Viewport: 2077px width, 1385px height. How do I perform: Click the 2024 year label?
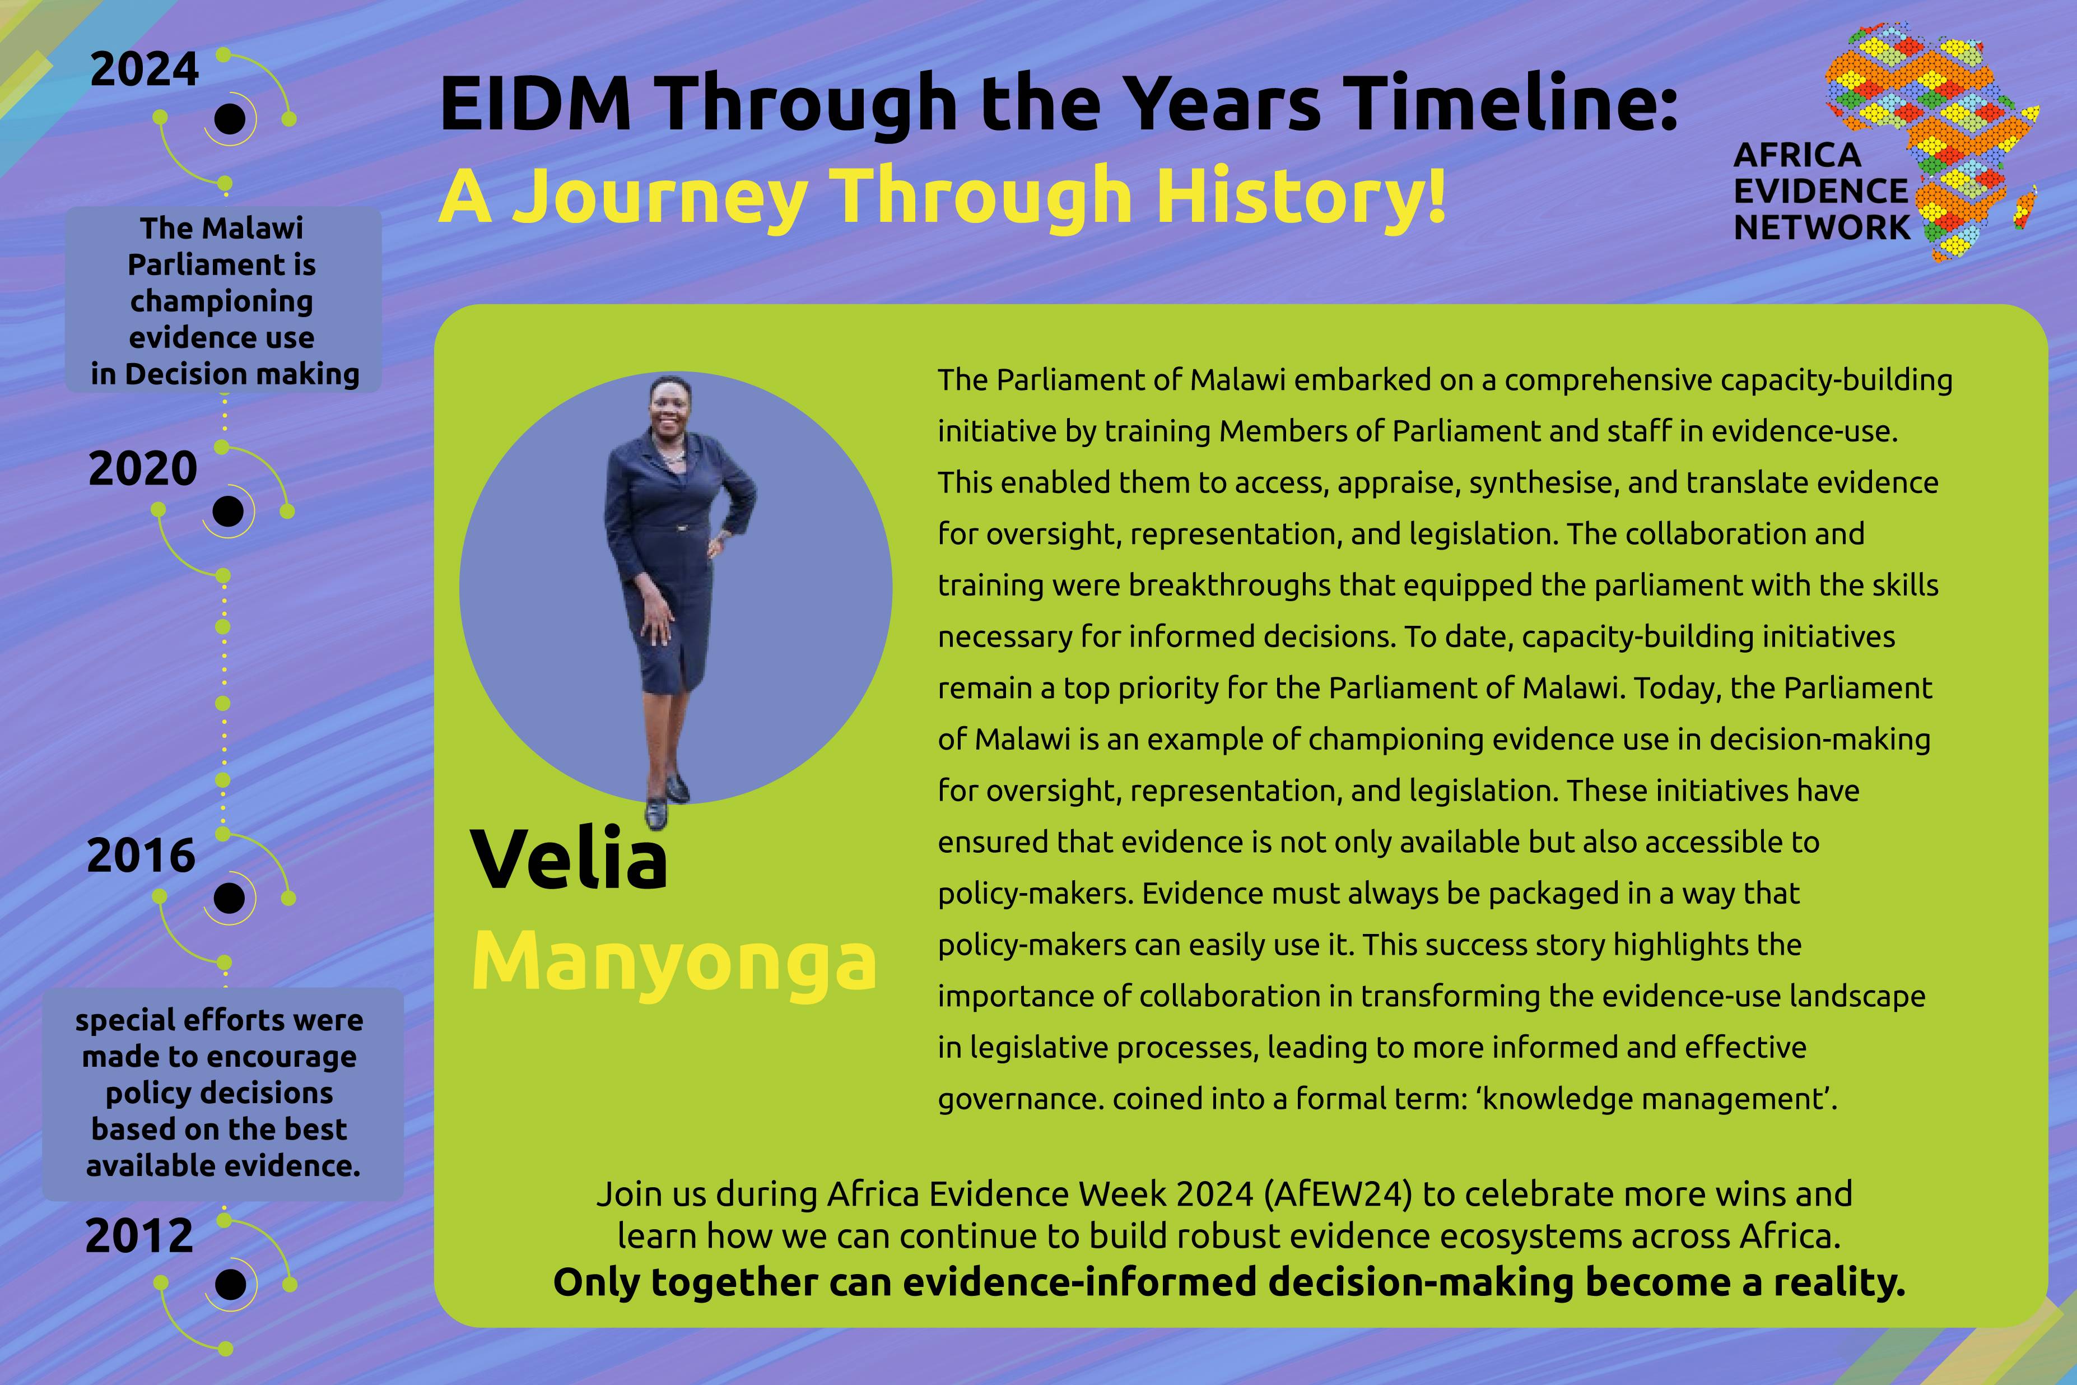145,70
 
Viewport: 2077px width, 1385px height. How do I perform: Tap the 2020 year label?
142,468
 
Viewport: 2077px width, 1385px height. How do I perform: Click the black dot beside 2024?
230,118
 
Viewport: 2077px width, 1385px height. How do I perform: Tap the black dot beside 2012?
230,1284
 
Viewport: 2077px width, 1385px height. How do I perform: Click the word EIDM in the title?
535,103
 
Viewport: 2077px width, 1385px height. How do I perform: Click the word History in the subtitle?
1302,196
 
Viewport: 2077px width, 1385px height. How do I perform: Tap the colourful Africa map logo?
1931,141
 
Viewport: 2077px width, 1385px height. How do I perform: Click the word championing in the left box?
222,301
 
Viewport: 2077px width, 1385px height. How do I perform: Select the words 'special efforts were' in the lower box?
219,1020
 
